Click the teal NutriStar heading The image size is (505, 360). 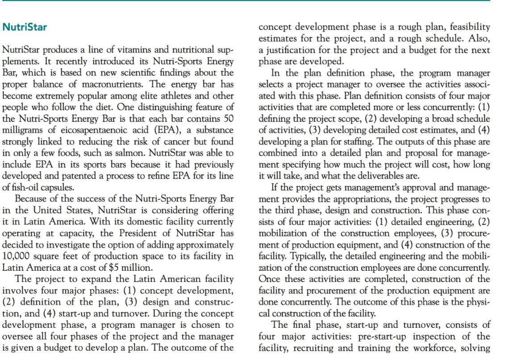[x=25, y=27]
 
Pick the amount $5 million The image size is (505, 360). [x=139, y=268]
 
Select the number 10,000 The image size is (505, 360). [x=17, y=256]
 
